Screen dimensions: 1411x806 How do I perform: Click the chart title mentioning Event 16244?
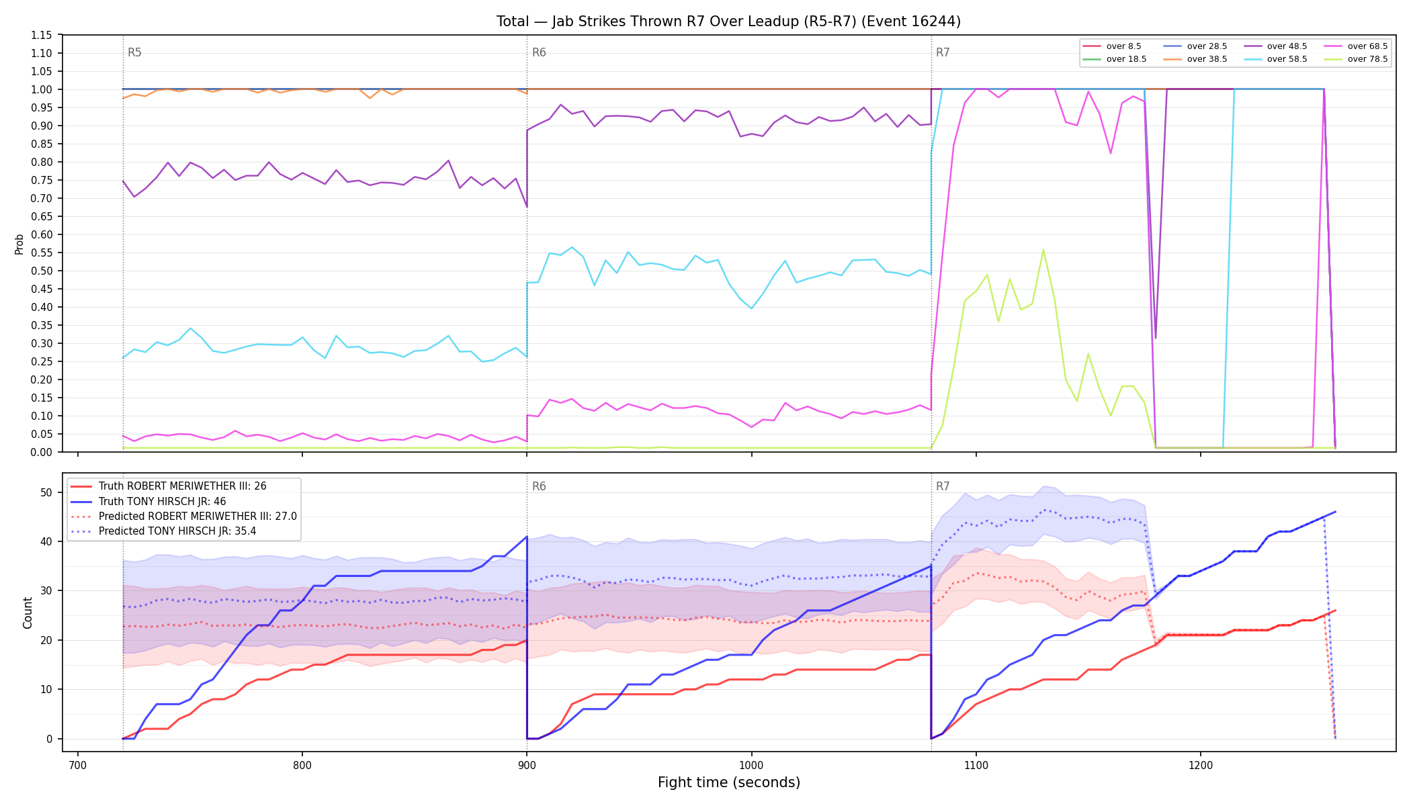click(x=728, y=21)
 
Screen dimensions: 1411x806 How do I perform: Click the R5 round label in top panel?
click(x=134, y=52)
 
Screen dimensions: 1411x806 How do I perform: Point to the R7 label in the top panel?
click(x=943, y=52)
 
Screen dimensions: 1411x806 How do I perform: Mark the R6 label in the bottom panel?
click(x=539, y=486)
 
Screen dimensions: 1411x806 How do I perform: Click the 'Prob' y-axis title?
click(x=19, y=244)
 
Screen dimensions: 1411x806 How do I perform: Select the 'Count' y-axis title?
click(x=28, y=613)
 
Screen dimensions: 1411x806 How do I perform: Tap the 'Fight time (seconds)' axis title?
click(x=729, y=782)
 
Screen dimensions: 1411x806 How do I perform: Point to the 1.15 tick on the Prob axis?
click(x=42, y=35)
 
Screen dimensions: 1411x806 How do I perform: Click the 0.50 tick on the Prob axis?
click(x=42, y=271)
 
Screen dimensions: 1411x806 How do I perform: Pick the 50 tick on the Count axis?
click(x=46, y=492)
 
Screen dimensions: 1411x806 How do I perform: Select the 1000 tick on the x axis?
click(x=751, y=764)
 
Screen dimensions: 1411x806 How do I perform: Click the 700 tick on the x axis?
click(x=78, y=764)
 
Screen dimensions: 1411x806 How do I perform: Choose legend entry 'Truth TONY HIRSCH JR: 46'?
click(x=162, y=501)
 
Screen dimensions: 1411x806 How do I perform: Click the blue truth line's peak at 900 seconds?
click(x=527, y=537)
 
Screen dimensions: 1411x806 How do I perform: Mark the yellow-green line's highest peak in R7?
click(x=1043, y=250)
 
